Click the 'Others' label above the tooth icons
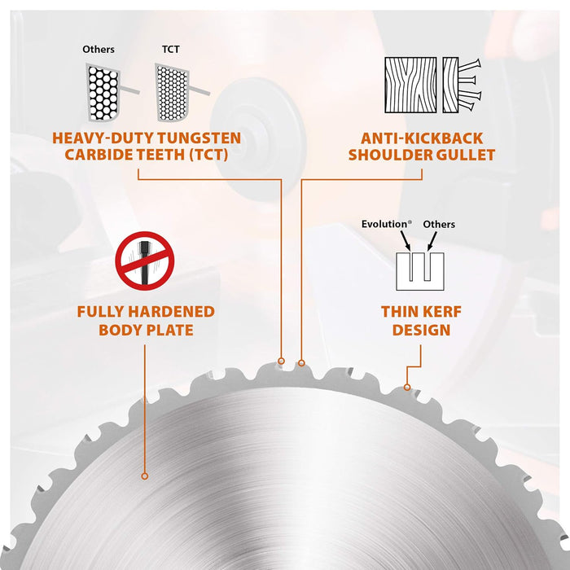[x=99, y=49]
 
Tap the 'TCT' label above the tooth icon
[x=170, y=49]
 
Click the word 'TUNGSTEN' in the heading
[x=199, y=138]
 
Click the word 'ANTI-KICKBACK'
[x=422, y=138]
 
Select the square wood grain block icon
[x=410, y=85]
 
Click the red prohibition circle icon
[x=145, y=261]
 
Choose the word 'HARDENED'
[x=171, y=312]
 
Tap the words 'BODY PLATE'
[x=146, y=330]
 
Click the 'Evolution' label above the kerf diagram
[x=387, y=224]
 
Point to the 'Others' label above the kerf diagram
[x=439, y=224]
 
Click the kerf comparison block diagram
[x=420, y=271]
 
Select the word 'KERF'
[x=441, y=312]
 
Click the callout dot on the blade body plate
[x=145, y=476]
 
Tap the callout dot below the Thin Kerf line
[x=407, y=388]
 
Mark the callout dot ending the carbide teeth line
[x=281, y=361]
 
